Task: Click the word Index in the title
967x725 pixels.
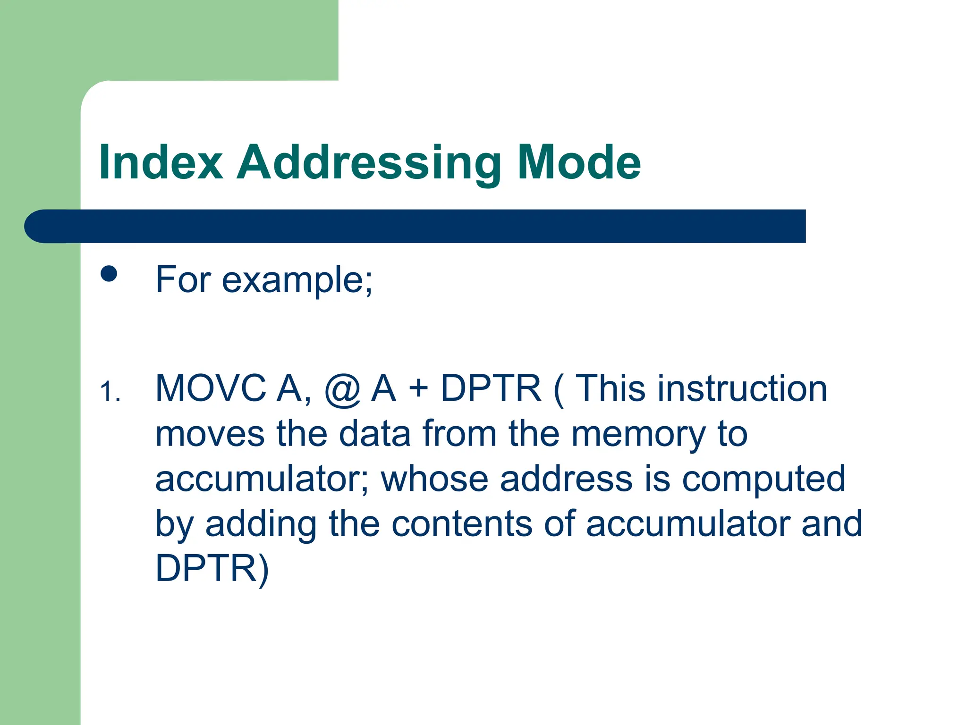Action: (161, 162)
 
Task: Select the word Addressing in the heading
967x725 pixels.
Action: (369, 163)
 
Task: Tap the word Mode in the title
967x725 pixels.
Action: (579, 162)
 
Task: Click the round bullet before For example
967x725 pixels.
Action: (109, 274)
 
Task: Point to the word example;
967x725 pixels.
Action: (297, 280)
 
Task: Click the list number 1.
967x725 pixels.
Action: (110, 392)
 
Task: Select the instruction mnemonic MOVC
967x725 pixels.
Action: (211, 388)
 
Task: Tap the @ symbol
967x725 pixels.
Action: (342, 389)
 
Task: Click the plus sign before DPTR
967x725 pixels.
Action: (418, 389)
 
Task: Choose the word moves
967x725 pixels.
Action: (210, 434)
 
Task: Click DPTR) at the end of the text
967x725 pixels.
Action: (212, 569)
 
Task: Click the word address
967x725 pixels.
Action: (566, 479)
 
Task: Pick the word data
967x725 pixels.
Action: (374, 434)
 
